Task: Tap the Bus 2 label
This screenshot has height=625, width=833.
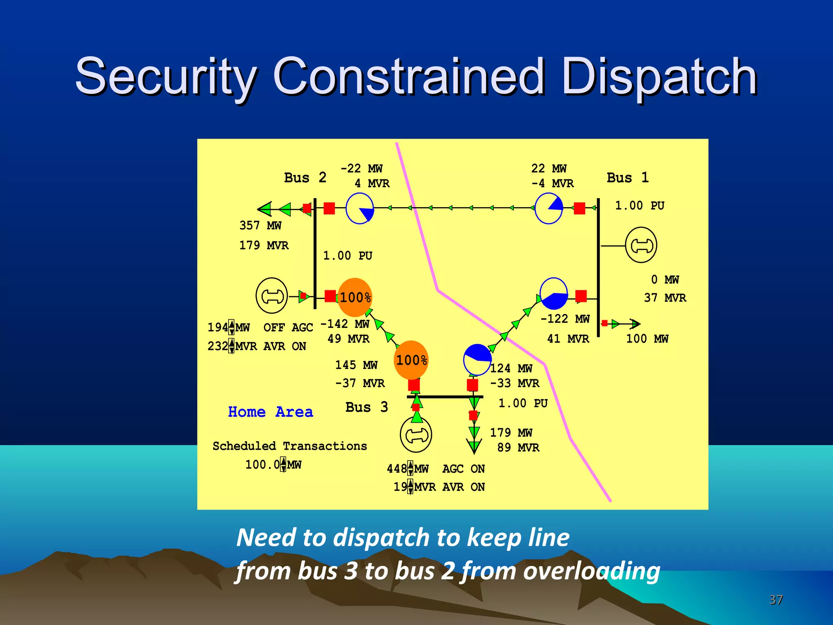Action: coord(305,178)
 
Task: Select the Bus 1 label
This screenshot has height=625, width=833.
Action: coord(628,178)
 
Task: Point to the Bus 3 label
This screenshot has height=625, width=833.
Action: coord(366,407)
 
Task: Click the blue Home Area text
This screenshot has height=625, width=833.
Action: coord(270,412)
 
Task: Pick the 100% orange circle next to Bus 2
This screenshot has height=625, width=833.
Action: coord(355,297)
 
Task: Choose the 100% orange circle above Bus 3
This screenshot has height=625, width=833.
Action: coord(411,360)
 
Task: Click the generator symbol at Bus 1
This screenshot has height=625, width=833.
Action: coord(641,245)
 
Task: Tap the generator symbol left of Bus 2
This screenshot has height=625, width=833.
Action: coord(272,296)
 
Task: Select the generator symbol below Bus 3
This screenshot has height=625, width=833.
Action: coord(416,435)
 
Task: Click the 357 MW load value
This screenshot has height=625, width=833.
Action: coord(260,225)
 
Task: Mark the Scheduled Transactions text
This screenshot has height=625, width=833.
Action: coord(290,446)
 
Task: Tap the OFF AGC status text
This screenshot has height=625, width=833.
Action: coord(288,328)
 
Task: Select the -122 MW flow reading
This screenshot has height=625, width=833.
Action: coord(565,319)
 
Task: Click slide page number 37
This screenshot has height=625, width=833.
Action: coord(776,599)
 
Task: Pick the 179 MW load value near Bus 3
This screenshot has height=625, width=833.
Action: coord(511,433)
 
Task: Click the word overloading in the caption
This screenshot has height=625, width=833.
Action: coord(591,570)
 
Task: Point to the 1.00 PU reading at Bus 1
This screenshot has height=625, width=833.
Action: coord(639,206)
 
